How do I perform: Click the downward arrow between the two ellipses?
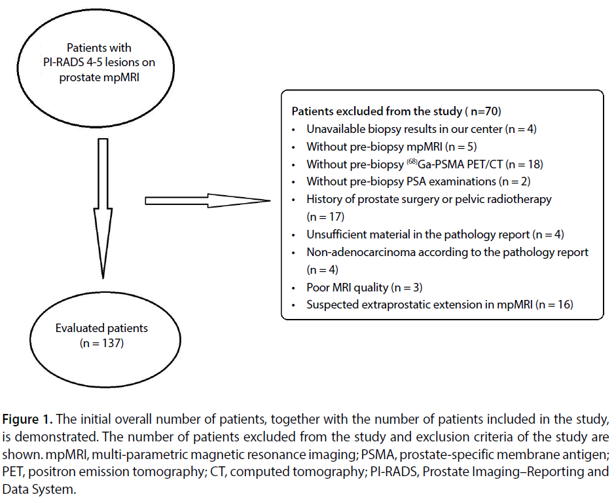pos(103,208)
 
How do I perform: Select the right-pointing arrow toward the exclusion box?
pos(208,200)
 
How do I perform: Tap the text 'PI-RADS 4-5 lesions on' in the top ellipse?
pos(99,62)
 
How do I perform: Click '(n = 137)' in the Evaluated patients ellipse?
pos(101,343)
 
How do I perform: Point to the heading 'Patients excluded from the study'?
pos(377,111)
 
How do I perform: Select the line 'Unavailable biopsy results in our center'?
pos(405,129)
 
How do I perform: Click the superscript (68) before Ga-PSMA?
pos(412,161)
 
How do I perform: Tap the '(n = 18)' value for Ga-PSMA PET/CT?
pos(524,164)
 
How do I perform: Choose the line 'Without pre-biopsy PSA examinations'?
pos(401,181)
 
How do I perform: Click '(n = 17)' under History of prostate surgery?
pos(325,217)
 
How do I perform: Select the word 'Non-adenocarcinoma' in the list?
pos(361,252)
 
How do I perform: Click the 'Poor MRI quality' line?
pos(348,288)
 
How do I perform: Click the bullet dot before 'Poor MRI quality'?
pos(293,288)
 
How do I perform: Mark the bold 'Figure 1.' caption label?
pos(27,419)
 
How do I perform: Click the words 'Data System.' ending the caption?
pos(39,489)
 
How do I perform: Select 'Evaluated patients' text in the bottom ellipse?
pos(101,328)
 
